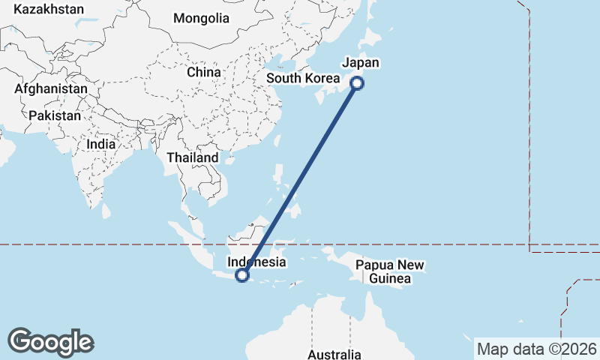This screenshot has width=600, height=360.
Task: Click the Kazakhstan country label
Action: pos(49,10)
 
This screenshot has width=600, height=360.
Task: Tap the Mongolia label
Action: pos(201,18)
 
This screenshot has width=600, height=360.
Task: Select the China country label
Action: pos(204,72)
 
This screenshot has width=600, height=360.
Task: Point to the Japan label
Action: pos(361,63)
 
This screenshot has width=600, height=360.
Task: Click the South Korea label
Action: pos(303,78)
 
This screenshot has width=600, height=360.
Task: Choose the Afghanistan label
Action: pos(51,88)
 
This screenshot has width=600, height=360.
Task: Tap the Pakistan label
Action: pos(55,115)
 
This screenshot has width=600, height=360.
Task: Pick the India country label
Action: pos(101,144)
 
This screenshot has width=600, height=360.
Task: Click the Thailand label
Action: pos(193,157)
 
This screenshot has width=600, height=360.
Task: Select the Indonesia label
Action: pos(256,262)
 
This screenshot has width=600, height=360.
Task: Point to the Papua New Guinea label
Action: pos(390,272)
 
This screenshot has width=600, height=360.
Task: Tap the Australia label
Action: pos(334,354)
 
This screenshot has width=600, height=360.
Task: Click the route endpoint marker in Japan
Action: pos(357,84)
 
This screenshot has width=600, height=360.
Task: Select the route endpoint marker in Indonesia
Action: pos(242,275)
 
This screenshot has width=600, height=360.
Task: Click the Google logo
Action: pos(50,342)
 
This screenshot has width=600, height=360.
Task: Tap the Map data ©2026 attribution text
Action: pos(537,349)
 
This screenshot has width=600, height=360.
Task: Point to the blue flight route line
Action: pos(300,179)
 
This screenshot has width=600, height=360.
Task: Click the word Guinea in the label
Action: pos(390,279)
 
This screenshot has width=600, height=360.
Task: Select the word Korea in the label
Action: pos(324,78)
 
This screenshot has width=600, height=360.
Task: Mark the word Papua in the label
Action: pos(372,265)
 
